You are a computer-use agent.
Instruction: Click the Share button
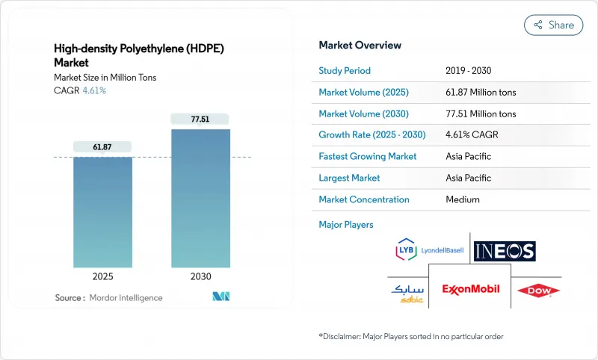pos(554,25)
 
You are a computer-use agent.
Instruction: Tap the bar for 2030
pos(200,198)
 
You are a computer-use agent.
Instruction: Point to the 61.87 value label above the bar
pos(102,147)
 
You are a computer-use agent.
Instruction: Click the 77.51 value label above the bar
pos(200,120)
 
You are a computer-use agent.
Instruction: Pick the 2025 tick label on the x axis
pos(102,276)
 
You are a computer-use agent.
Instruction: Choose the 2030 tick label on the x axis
pos(200,276)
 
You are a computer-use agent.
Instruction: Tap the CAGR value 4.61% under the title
pos(93,90)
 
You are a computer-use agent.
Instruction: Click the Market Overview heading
pos(360,46)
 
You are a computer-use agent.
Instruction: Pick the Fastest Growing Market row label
pos(368,157)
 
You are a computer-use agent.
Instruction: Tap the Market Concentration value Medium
pos(463,199)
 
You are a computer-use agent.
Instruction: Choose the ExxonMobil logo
pos(470,288)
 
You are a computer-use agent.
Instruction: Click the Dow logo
pos(543,289)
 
